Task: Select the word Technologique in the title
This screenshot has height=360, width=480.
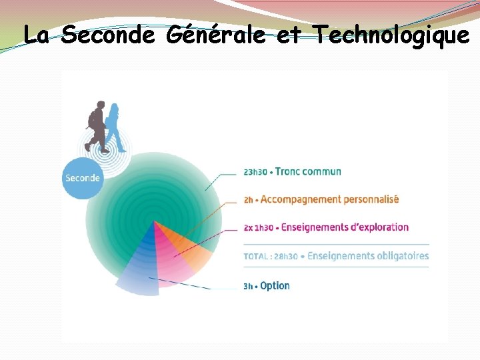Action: point(390,35)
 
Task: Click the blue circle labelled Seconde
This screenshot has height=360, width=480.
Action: point(83,178)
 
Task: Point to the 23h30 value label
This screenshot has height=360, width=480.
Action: point(255,172)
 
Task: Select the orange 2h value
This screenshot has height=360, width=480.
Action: point(248,200)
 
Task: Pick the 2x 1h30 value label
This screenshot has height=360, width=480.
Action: point(258,228)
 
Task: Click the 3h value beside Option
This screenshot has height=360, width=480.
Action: point(248,287)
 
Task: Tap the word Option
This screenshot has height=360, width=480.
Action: point(275,286)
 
